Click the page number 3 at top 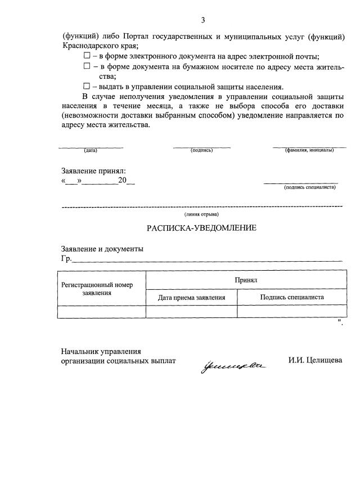[x=202, y=20]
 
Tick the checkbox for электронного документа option [x=87, y=56]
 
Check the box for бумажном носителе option [x=87, y=66]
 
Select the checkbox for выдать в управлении [x=87, y=87]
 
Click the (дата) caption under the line [x=91, y=151]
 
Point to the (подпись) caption [x=201, y=151]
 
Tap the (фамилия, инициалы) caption [x=309, y=151]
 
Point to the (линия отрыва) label [x=202, y=214]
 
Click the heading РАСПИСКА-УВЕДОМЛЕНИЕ [x=201, y=228]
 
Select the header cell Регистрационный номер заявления [x=102, y=289]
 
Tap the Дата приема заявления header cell [x=191, y=298]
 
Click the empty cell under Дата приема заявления [x=191, y=312]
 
